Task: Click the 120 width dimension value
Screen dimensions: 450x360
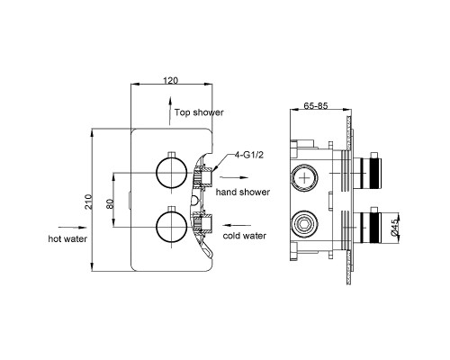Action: (x=170, y=80)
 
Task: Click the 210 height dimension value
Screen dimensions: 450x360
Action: (x=88, y=202)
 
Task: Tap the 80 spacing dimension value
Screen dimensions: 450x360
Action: (x=110, y=204)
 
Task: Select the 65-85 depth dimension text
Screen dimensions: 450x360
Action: (x=316, y=106)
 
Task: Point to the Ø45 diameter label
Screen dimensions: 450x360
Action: (x=394, y=227)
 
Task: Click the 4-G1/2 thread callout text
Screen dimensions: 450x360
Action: (x=248, y=155)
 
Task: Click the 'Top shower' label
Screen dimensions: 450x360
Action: (x=199, y=112)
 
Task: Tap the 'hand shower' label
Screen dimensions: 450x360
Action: (x=243, y=192)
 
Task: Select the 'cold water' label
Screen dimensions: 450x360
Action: (x=244, y=236)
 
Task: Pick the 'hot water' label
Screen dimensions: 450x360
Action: (x=67, y=238)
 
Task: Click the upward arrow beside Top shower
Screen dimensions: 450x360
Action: (x=170, y=111)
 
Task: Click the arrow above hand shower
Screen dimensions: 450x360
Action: (x=234, y=177)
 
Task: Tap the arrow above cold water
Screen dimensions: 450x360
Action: (x=238, y=225)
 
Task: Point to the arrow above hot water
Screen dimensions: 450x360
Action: (x=73, y=228)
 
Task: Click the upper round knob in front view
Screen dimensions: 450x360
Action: (x=172, y=173)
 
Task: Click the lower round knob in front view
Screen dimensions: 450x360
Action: (x=172, y=227)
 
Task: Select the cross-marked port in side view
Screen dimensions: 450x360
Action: (x=304, y=178)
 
